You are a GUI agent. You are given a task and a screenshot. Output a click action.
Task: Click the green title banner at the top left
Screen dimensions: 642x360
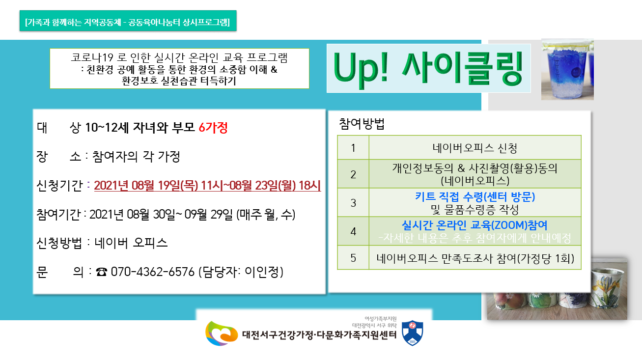click(x=128, y=21)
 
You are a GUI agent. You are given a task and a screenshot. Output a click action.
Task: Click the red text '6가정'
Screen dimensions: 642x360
click(x=213, y=128)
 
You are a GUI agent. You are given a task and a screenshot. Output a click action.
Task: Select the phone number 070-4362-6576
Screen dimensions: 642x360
click(x=152, y=272)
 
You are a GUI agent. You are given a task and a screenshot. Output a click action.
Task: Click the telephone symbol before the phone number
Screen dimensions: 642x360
click(x=102, y=272)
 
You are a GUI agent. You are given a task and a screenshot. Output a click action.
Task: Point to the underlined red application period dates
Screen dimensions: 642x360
click(x=207, y=186)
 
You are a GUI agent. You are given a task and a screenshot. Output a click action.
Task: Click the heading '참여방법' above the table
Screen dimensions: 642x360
click(x=362, y=124)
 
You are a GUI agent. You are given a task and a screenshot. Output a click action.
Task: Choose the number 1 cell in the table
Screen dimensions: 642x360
click(x=353, y=148)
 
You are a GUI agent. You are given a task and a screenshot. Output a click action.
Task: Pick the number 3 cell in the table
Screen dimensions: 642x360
click(x=353, y=203)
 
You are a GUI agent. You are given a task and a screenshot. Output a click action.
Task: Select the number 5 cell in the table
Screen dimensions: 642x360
click(x=353, y=258)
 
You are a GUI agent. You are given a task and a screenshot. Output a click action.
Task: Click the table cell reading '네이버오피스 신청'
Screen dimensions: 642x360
click(x=475, y=148)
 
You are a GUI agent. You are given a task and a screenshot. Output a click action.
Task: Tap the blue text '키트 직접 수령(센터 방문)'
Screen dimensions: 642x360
click(x=475, y=196)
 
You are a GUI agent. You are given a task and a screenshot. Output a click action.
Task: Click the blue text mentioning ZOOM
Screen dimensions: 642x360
click(x=475, y=225)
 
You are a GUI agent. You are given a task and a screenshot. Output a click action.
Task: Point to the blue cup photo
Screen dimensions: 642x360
click(x=567, y=69)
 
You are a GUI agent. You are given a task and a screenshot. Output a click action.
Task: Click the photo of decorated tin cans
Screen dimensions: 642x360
click(x=557, y=289)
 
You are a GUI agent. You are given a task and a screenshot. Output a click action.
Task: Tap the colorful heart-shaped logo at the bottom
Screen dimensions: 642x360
click(x=221, y=333)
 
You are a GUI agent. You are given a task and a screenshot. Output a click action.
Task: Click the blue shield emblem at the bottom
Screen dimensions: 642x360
click(x=413, y=333)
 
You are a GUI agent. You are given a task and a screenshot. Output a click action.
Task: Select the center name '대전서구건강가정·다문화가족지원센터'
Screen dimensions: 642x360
click(x=319, y=334)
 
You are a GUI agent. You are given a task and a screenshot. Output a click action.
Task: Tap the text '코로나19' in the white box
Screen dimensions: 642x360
click(x=92, y=57)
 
